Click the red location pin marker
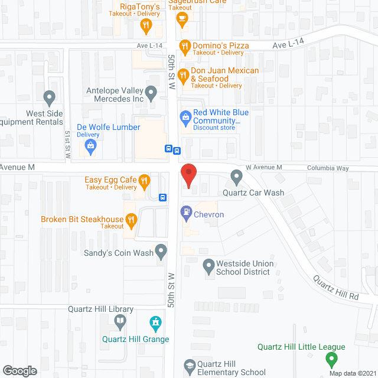click(x=188, y=175)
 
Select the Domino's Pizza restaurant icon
click(x=184, y=45)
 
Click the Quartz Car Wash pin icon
click(x=237, y=175)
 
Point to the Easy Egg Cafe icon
click(x=144, y=180)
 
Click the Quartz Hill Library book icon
click(x=120, y=322)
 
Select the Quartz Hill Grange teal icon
click(x=156, y=323)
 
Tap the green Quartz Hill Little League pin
click(x=332, y=359)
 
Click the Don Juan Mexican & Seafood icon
click(x=183, y=75)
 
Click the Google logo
click(x=19, y=370)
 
